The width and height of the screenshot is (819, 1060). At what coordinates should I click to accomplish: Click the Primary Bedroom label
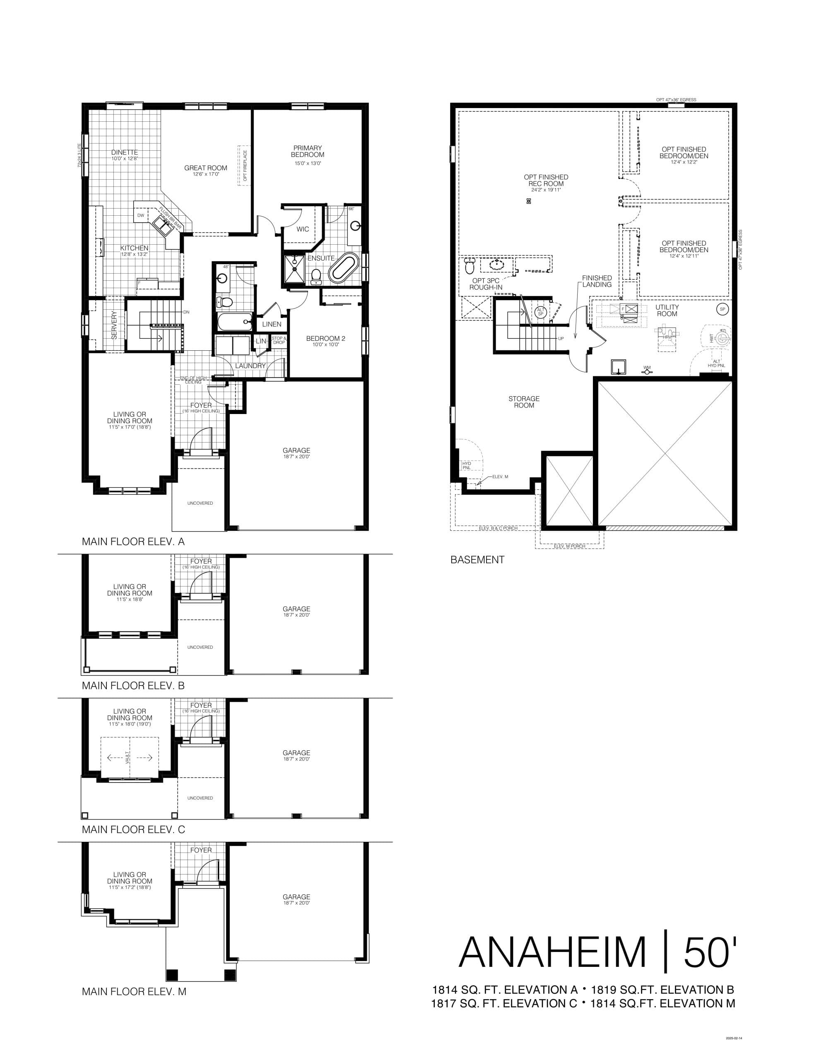tap(307, 152)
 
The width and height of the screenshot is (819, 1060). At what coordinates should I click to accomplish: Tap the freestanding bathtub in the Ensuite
tap(344, 267)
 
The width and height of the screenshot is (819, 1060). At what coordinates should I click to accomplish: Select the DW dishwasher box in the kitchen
tap(141, 215)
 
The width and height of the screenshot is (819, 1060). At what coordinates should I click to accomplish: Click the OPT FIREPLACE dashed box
tap(243, 165)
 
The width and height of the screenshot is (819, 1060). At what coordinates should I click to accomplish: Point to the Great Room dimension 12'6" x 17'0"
tap(205, 174)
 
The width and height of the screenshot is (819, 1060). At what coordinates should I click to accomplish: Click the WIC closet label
tap(302, 229)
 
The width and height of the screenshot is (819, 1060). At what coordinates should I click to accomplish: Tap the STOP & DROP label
tap(279, 340)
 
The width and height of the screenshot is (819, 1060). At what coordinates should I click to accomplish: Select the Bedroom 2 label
tap(325, 338)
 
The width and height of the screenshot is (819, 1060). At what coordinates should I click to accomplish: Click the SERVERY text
tap(115, 325)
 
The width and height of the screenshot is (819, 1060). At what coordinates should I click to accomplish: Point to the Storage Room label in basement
tap(524, 402)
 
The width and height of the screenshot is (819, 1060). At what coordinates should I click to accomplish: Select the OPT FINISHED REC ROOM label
tap(546, 181)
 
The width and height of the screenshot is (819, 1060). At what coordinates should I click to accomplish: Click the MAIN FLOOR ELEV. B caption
tap(133, 686)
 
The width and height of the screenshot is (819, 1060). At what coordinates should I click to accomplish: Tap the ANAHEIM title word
tap(552, 952)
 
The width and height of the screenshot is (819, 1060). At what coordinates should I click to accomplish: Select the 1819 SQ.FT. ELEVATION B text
tap(662, 990)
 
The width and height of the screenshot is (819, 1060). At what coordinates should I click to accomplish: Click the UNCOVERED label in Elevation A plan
tap(200, 503)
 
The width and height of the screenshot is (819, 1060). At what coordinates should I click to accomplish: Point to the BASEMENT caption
tap(477, 560)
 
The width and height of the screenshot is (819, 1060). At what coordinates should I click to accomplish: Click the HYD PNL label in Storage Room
tap(467, 465)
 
